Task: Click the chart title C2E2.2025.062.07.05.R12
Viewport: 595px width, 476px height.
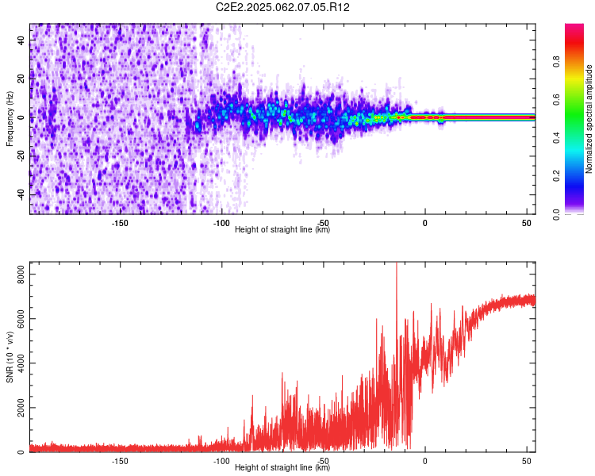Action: point(282,7)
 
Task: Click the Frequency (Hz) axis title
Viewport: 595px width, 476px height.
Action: point(10,119)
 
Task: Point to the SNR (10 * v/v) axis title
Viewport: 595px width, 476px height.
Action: point(10,357)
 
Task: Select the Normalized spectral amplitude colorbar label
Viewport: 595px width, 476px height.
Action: point(589,119)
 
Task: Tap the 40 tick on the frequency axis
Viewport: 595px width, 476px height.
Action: point(21,40)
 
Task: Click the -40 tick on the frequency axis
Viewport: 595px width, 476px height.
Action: point(21,195)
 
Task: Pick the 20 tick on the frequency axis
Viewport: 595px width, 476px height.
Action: point(21,79)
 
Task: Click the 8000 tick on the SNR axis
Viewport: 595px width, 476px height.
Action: point(21,274)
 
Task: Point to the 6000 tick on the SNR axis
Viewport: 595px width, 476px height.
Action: point(21,319)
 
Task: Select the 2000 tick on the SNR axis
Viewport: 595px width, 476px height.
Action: point(21,408)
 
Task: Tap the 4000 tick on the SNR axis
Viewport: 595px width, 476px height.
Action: point(21,363)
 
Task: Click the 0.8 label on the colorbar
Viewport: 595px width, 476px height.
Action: point(556,62)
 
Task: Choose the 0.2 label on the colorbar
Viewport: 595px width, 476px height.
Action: point(556,176)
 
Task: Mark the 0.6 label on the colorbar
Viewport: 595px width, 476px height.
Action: point(556,100)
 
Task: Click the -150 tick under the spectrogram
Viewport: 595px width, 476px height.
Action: point(120,223)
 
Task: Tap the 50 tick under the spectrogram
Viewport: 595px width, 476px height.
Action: point(527,223)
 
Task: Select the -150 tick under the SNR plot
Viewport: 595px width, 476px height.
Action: point(120,461)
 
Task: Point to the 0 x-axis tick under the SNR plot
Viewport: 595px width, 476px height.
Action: point(425,461)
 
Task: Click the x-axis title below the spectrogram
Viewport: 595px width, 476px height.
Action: point(282,229)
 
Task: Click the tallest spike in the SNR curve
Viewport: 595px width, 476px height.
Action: point(397,263)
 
